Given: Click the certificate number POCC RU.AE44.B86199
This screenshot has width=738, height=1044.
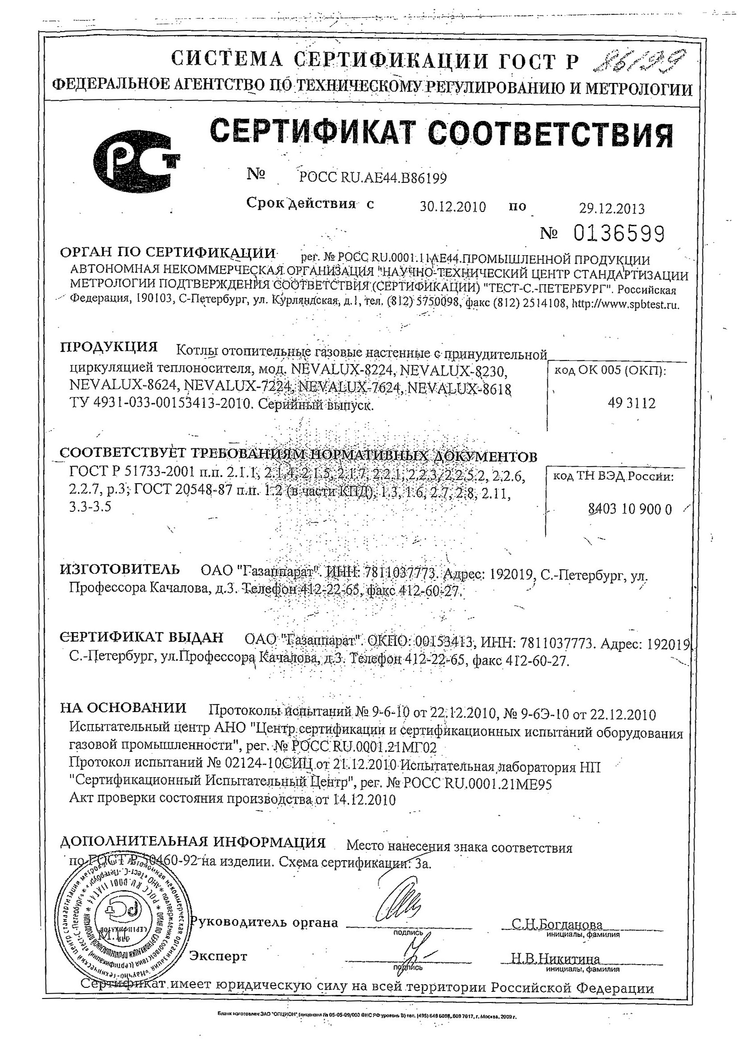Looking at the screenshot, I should [373, 178].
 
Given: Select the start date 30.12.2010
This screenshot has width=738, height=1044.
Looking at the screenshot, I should [452, 207].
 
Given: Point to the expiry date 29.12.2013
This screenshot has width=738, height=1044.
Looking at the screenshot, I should [611, 208].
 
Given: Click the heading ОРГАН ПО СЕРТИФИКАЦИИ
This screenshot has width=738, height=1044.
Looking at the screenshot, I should [168, 253].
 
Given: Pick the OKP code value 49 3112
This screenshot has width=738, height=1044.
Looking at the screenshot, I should [632, 403].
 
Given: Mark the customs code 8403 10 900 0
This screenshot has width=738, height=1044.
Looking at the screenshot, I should [630, 509].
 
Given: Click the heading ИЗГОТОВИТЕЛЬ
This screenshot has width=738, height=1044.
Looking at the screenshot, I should [120, 569].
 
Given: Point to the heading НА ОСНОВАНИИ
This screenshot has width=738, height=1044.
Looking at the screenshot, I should [123, 708].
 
